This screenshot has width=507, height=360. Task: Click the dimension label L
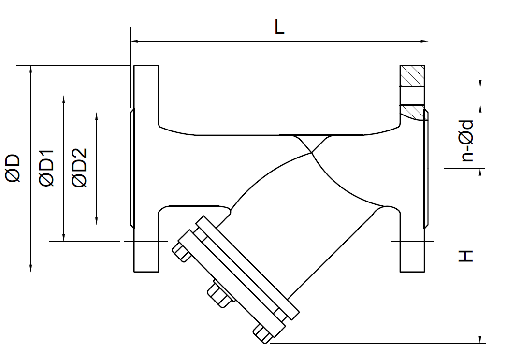pos(279,27)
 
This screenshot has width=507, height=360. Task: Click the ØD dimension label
pos(13,168)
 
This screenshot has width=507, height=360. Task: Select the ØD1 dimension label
pos(47,168)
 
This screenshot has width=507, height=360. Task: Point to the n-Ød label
pos(466,140)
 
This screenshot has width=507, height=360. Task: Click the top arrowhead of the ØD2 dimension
pos(97,116)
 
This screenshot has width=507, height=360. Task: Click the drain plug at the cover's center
pos(218,294)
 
